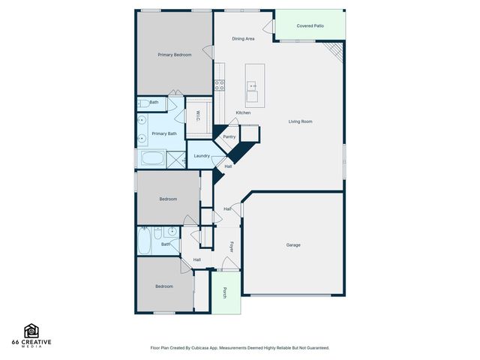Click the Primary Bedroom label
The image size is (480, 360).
[x=174, y=55]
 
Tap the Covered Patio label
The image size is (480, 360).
[x=310, y=25]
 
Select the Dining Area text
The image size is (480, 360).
[x=243, y=38]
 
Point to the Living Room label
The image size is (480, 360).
[x=301, y=121]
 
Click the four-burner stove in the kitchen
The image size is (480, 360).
[x=220, y=85]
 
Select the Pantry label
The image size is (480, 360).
[x=229, y=136]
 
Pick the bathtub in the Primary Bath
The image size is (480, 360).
[x=152, y=159]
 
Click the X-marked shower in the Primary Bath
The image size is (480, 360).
[x=175, y=159]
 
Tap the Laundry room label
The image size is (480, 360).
[x=201, y=156]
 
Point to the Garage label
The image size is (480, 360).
[x=293, y=245]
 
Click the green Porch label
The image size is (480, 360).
[x=225, y=292]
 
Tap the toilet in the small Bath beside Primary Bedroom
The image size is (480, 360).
[x=142, y=102]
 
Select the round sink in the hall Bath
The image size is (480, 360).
[x=172, y=232]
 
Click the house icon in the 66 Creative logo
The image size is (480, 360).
[x=31, y=331]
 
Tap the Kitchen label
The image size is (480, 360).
[x=243, y=112]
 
